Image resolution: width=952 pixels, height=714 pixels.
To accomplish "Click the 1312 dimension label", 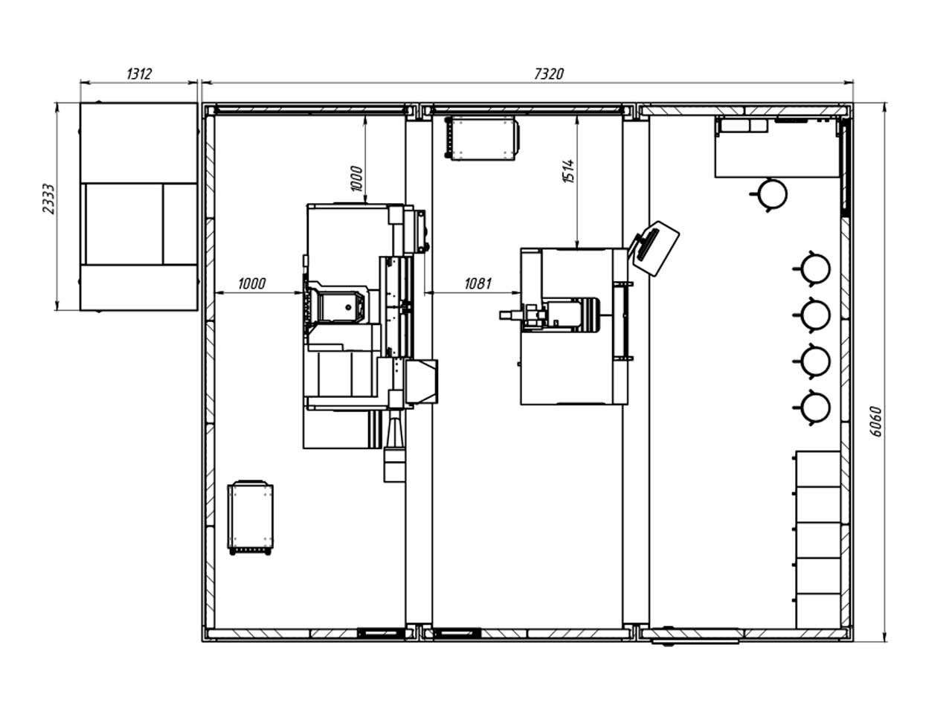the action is tap(139, 74).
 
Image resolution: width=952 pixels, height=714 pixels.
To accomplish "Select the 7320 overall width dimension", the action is tap(549, 74).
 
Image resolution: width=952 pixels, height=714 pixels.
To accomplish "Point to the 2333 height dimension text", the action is tap(49, 199).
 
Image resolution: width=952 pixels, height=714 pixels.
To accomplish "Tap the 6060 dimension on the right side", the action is tap(875, 422).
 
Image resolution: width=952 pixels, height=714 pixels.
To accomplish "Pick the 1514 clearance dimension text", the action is tap(569, 171).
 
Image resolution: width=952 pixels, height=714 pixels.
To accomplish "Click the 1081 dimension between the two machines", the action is tap(478, 284).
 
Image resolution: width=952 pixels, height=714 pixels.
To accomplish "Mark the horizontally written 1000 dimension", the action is tap(251, 284).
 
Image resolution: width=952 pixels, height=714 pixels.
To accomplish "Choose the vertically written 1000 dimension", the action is tap(356, 178).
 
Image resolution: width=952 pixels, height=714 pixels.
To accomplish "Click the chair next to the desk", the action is tap(769, 195).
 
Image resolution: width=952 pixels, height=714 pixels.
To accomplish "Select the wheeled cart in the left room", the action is tap(250, 517).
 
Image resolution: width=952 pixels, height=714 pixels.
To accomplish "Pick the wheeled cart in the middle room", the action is tap(481, 138).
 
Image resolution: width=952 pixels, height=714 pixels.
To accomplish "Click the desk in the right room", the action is tap(777, 147).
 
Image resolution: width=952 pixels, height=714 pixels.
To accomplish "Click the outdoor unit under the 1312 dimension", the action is tap(139, 207).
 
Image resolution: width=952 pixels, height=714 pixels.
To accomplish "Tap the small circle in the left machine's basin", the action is tap(348, 307).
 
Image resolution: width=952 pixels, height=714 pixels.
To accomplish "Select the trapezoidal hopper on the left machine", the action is tap(421, 382).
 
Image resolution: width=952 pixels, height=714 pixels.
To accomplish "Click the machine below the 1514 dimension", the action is tap(573, 327).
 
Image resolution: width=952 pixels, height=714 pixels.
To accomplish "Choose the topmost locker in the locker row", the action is tap(818, 469).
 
